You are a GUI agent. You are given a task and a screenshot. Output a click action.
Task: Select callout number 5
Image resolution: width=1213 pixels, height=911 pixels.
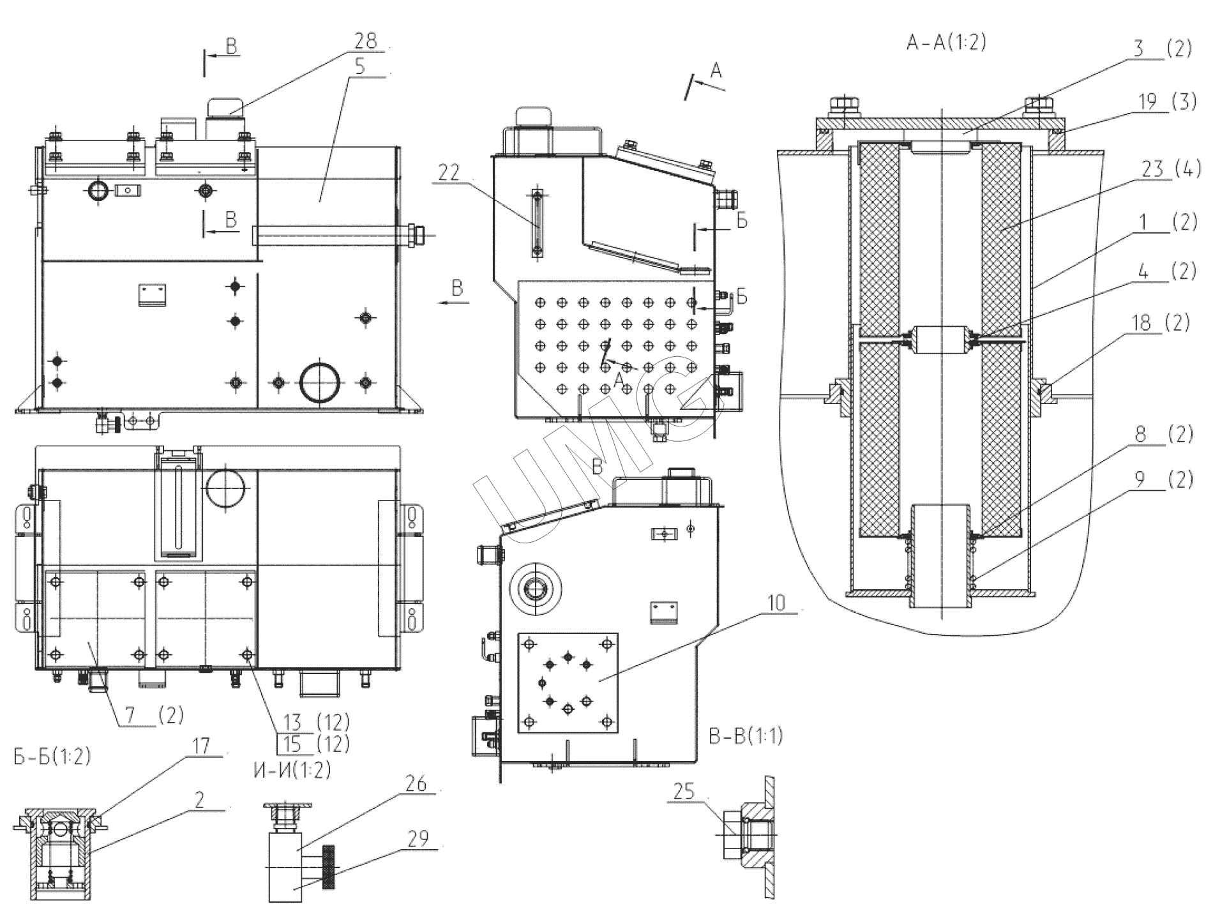[x=360, y=66]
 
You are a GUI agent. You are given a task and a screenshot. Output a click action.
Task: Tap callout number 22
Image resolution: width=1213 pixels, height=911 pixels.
[x=449, y=173]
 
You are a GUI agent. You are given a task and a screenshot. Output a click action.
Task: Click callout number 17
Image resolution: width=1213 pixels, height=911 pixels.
[x=200, y=746]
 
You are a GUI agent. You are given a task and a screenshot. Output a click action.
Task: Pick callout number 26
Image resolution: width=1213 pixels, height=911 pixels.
[x=416, y=783]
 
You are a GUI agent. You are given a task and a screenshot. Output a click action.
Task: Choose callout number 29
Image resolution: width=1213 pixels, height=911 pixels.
[x=418, y=838]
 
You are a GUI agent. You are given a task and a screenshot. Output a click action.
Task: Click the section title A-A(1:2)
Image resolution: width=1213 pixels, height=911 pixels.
[x=946, y=42]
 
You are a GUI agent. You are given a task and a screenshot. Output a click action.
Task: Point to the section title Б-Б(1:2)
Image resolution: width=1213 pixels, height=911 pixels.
[x=52, y=756]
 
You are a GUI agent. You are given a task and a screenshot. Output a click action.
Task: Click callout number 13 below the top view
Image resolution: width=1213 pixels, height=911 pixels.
[x=292, y=723]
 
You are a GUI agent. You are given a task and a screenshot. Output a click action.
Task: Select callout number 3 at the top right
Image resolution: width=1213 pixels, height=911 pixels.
[x=1139, y=49]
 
